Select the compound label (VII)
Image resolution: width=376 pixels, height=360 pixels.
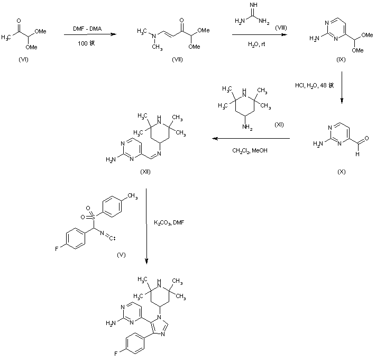click(178, 59)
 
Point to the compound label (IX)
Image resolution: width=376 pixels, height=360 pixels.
click(341, 60)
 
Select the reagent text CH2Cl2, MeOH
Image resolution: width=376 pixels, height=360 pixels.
click(250, 150)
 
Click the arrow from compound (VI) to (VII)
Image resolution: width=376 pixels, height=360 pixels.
click(88, 35)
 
